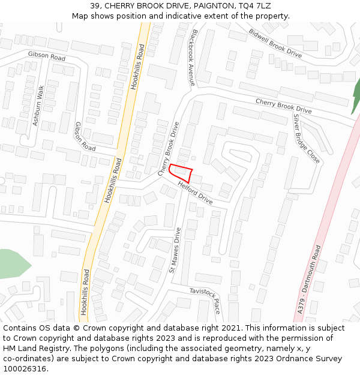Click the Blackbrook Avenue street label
point(193,56)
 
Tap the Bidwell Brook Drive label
point(275,43)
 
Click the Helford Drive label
point(195,192)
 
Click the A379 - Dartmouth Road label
point(308,278)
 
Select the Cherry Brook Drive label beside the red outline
point(169,149)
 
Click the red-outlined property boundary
point(181,173)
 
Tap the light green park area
point(12,263)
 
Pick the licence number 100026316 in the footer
point(25,369)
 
